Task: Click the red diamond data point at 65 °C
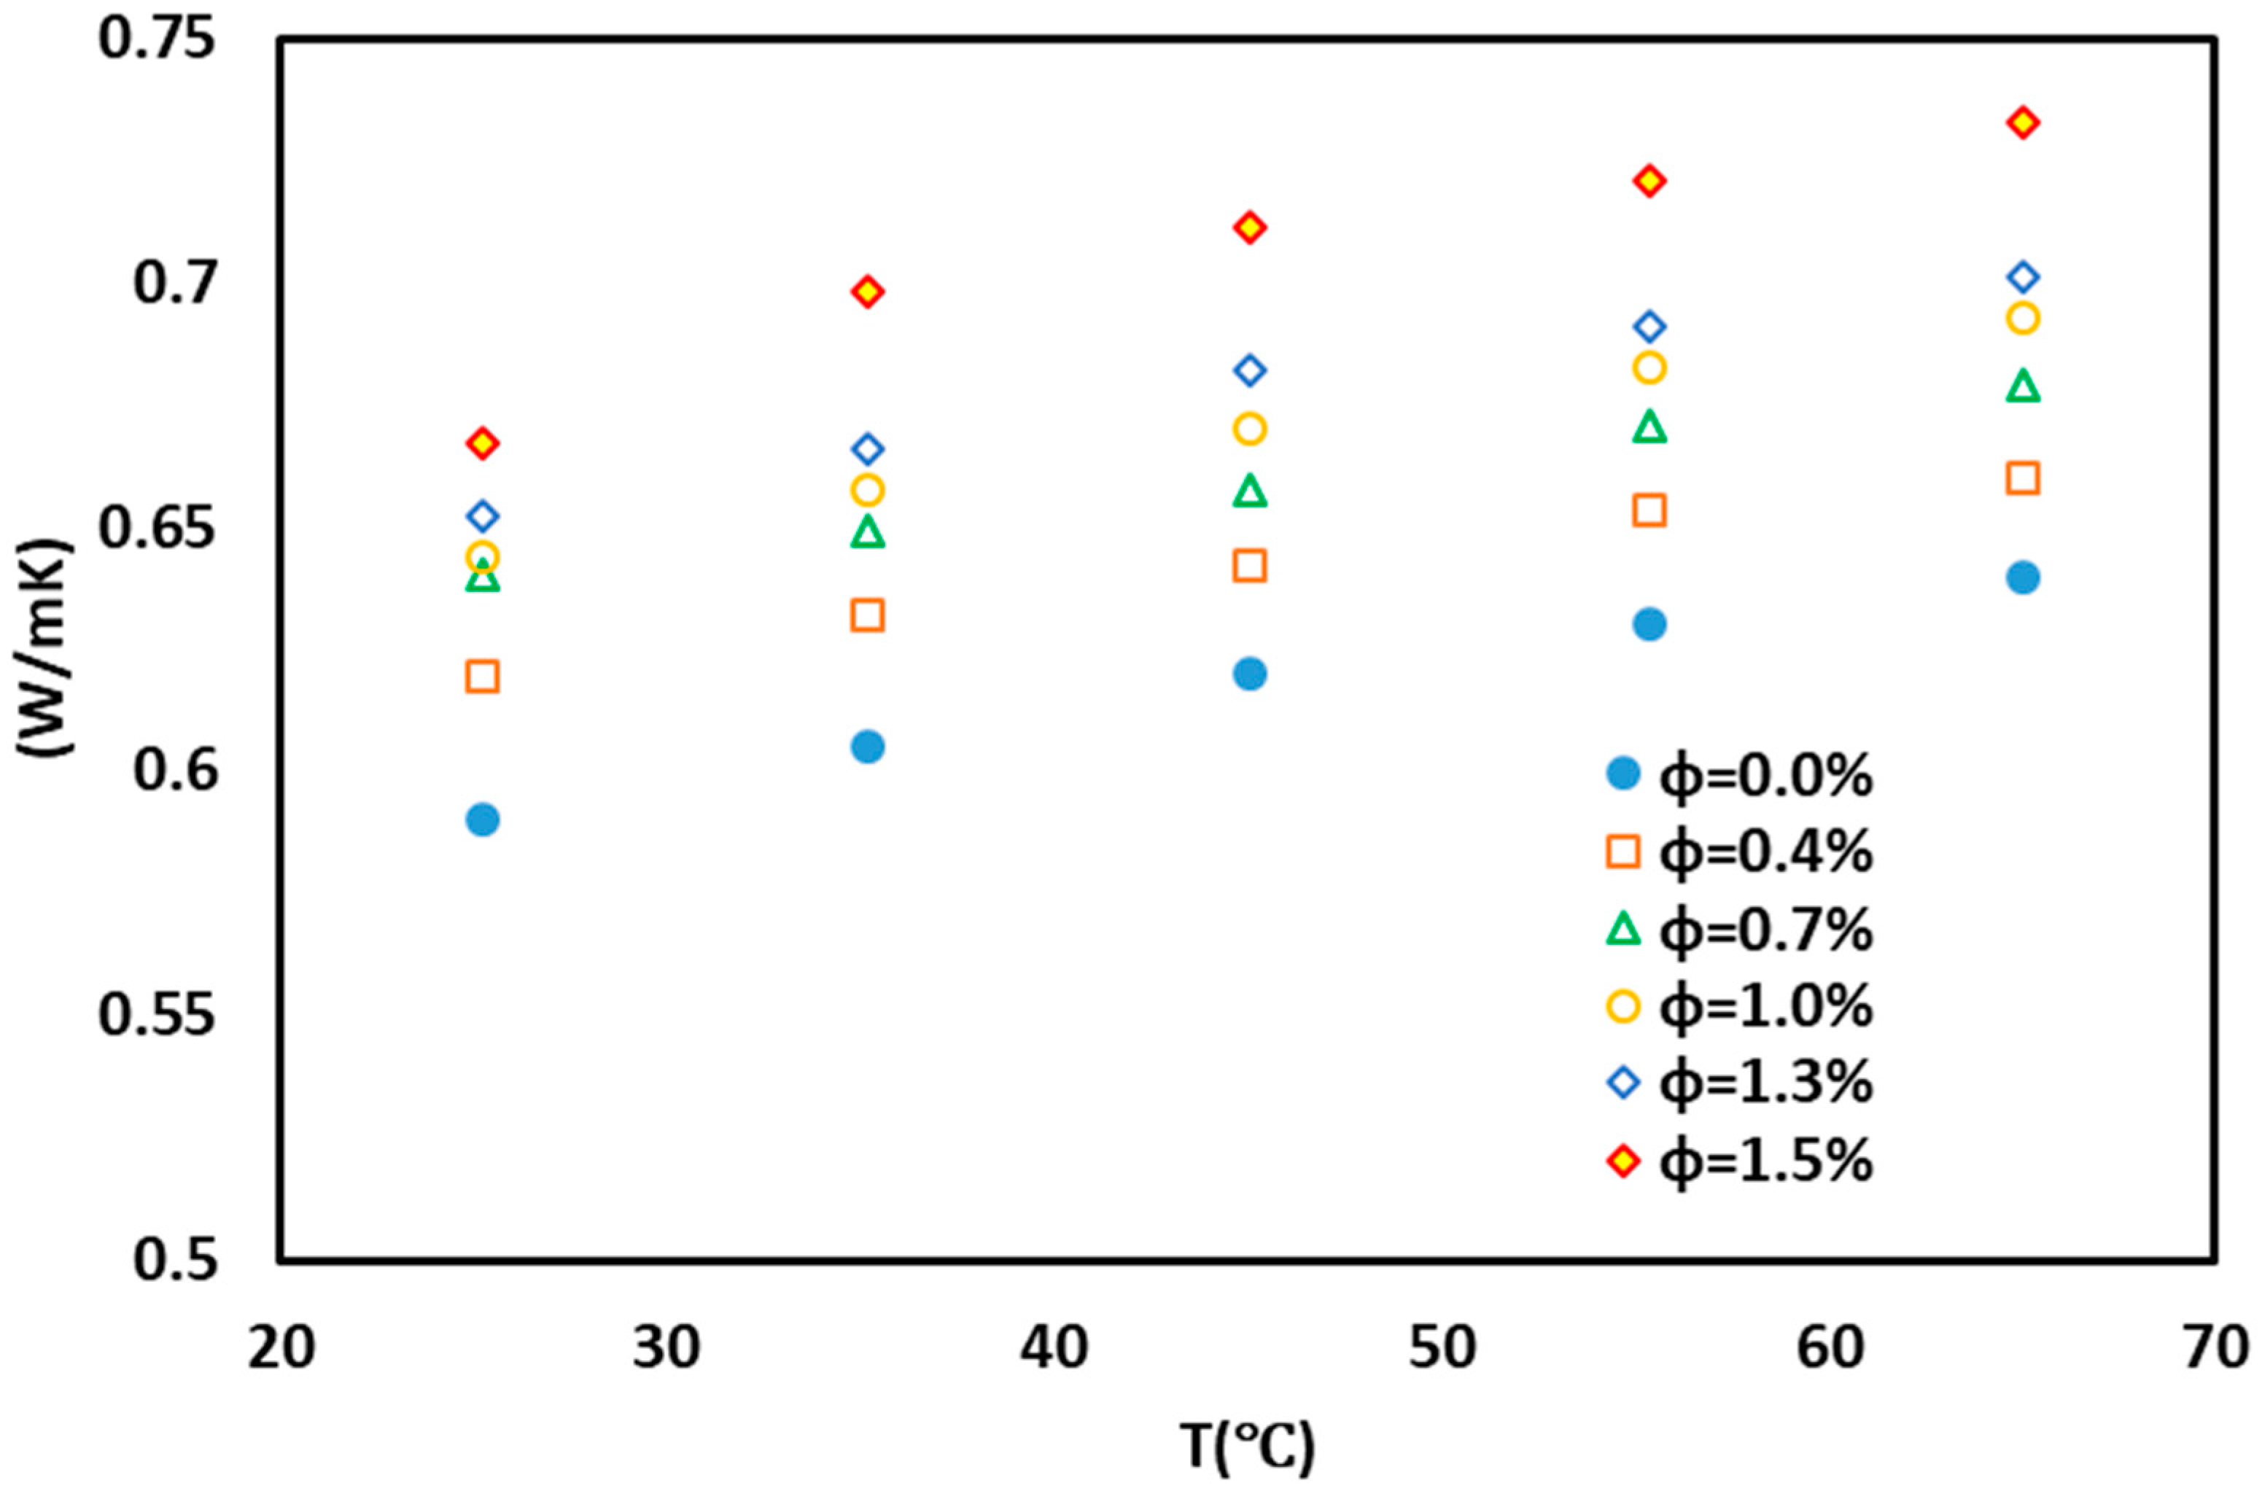click(2023, 122)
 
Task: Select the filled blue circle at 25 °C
click(483, 819)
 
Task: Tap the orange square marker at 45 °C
click(1250, 566)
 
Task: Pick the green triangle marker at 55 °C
click(1649, 427)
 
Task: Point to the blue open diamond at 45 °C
click(1250, 370)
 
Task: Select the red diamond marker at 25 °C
click(483, 443)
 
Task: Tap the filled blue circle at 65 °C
click(2023, 577)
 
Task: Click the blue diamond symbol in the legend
click(1622, 1083)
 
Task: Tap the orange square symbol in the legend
click(1622, 851)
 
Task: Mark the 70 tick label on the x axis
click(2215, 1348)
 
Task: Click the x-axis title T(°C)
click(1247, 1447)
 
